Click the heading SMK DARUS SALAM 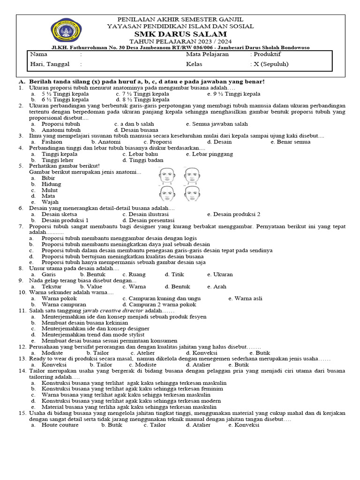(180, 34)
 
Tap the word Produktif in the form (270, 54)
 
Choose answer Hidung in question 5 (51, 184)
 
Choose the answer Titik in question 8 (173, 274)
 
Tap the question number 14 (22, 370)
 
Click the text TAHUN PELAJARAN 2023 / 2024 (180, 41)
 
